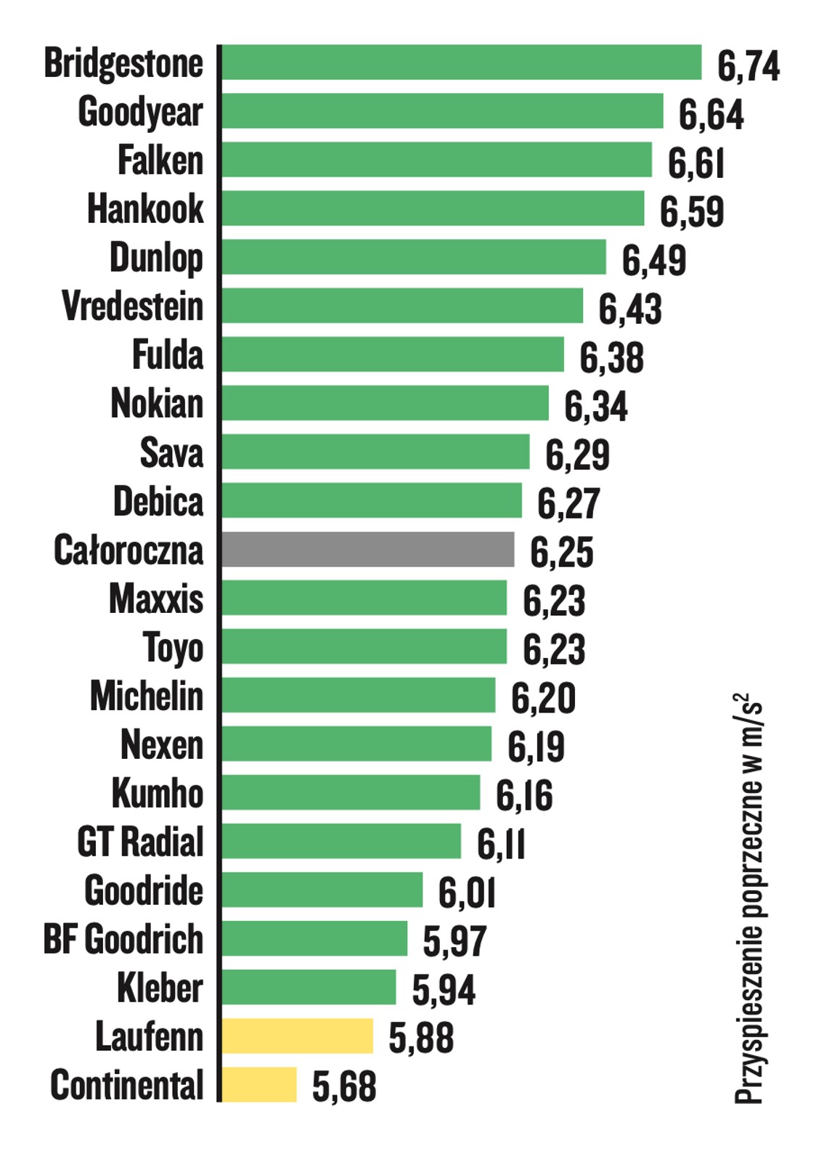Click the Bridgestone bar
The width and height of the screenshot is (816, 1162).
pyautogui.click(x=461, y=62)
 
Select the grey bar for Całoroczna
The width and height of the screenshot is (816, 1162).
pyautogui.click(x=367, y=549)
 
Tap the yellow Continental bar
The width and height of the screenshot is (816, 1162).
pyautogui.click(x=259, y=1084)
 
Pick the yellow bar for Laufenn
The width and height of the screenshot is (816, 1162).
pyautogui.click(x=297, y=1036)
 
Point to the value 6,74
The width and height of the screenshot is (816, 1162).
pyautogui.click(x=748, y=66)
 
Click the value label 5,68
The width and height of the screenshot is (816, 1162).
pyautogui.click(x=344, y=1086)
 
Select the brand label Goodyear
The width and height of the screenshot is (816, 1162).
pyautogui.click(x=140, y=113)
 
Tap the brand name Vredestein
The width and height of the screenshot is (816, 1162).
pyautogui.click(x=132, y=306)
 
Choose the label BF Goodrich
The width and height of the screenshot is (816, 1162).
pyautogui.click(x=123, y=939)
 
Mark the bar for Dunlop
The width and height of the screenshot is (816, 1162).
pyautogui.click(x=413, y=257)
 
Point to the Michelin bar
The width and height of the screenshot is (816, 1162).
pyautogui.click(x=358, y=695)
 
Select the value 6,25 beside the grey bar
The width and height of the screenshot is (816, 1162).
pyautogui.click(x=561, y=553)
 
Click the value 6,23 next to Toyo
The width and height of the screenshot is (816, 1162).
pyautogui.click(x=554, y=649)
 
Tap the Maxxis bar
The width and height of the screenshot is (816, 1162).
pyautogui.click(x=364, y=598)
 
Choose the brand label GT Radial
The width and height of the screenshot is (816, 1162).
pyautogui.click(x=139, y=842)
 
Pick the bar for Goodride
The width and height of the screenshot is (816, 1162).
pyautogui.click(x=322, y=890)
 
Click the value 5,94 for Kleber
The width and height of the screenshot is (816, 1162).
pyautogui.click(x=444, y=990)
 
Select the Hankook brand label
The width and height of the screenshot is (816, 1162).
pyautogui.click(x=145, y=209)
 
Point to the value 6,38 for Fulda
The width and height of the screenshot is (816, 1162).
pyautogui.click(x=611, y=358)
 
